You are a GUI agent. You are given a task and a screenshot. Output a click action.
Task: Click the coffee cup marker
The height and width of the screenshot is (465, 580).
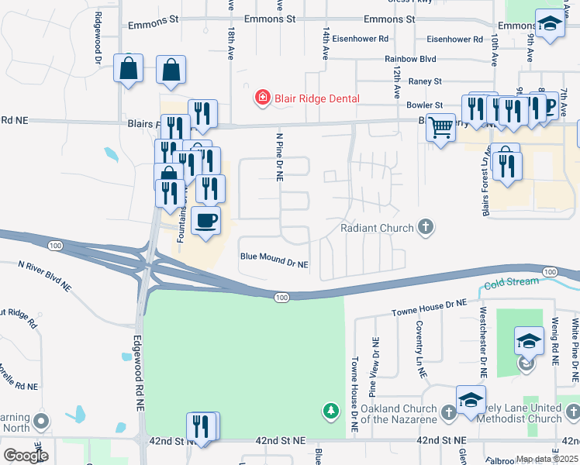point(205,221)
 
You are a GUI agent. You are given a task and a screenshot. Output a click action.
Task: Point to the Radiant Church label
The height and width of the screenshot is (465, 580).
point(378,228)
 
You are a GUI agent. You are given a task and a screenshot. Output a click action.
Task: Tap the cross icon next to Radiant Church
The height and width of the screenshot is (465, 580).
point(425,227)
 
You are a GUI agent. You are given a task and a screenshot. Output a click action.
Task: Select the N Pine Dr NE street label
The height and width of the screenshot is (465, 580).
point(279,156)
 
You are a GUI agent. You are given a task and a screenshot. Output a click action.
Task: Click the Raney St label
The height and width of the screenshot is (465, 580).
point(426,81)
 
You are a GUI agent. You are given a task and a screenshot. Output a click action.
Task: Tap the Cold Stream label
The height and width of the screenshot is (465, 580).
point(512,282)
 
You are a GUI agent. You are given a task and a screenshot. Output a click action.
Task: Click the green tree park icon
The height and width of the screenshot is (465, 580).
point(331,410)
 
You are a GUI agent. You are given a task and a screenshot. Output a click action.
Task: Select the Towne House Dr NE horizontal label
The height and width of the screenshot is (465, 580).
point(429,307)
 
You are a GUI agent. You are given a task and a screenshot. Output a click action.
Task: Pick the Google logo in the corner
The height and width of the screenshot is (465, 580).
point(25,456)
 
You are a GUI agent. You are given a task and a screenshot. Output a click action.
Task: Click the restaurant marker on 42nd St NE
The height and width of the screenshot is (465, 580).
point(201,427)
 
